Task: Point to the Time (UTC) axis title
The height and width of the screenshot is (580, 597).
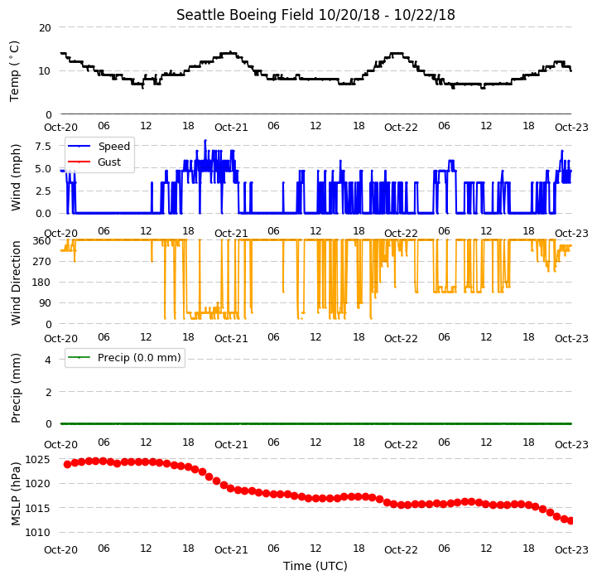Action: pyautogui.click(x=315, y=566)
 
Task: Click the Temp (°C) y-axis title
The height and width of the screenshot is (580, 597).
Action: pyautogui.click(x=14, y=71)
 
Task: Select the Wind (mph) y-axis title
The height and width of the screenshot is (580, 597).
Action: pyautogui.click(x=15, y=177)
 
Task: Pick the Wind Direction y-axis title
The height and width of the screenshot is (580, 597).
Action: pyautogui.click(x=15, y=283)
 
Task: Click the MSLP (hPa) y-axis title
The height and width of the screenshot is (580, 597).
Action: pyautogui.click(x=15, y=494)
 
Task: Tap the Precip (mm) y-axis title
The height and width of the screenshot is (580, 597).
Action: pyautogui.click(x=15, y=388)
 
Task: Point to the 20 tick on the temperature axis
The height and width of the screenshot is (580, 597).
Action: pyautogui.click(x=45, y=28)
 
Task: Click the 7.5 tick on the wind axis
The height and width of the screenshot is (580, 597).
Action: pyautogui.click(x=43, y=147)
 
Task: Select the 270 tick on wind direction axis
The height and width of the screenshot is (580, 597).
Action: pyautogui.click(x=43, y=262)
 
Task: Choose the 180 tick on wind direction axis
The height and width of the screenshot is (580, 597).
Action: pyautogui.click(x=43, y=283)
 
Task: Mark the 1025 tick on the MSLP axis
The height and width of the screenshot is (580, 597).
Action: pyautogui.click(x=37, y=460)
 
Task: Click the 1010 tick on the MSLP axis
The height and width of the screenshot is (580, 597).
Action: pyautogui.click(x=37, y=533)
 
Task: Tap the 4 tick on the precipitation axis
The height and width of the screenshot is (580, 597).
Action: pyautogui.click(x=48, y=360)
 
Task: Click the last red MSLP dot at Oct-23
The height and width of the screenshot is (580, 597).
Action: pyautogui.click(x=571, y=521)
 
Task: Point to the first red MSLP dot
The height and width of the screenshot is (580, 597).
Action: pyautogui.click(x=67, y=464)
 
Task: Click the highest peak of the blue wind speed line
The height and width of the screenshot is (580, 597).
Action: pyautogui.click(x=205, y=141)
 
